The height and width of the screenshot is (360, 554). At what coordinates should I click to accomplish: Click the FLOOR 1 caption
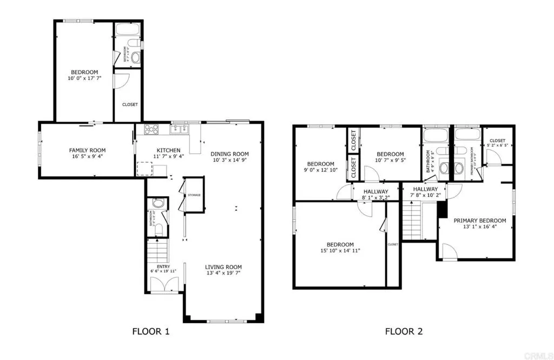pyautogui.click(x=151, y=331)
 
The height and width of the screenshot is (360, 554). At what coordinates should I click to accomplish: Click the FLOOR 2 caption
pyautogui.click(x=404, y=331)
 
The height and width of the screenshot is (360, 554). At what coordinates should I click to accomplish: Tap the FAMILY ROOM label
pyautogui.click(x=87, y=150)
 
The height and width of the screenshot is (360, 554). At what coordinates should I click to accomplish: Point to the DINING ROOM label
pyautogui.click(x=229, y=154)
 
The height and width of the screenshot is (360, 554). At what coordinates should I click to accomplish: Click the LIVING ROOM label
pyautogui.click(x=223, y=266)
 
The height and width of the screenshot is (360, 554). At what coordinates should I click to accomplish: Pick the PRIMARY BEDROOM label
pyautogui.click(x=480, y=220)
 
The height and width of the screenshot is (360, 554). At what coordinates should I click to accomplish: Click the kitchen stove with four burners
pyautogui.click(x=150, y=130)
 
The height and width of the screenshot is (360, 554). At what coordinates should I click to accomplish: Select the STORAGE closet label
pyautogui.click(x=194, y=195)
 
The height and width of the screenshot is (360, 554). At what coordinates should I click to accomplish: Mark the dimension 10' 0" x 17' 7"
pyautogui.click(x=84, y=78)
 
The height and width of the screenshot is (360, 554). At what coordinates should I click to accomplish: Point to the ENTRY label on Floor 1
pyautogui.click(x=163, y=266)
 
